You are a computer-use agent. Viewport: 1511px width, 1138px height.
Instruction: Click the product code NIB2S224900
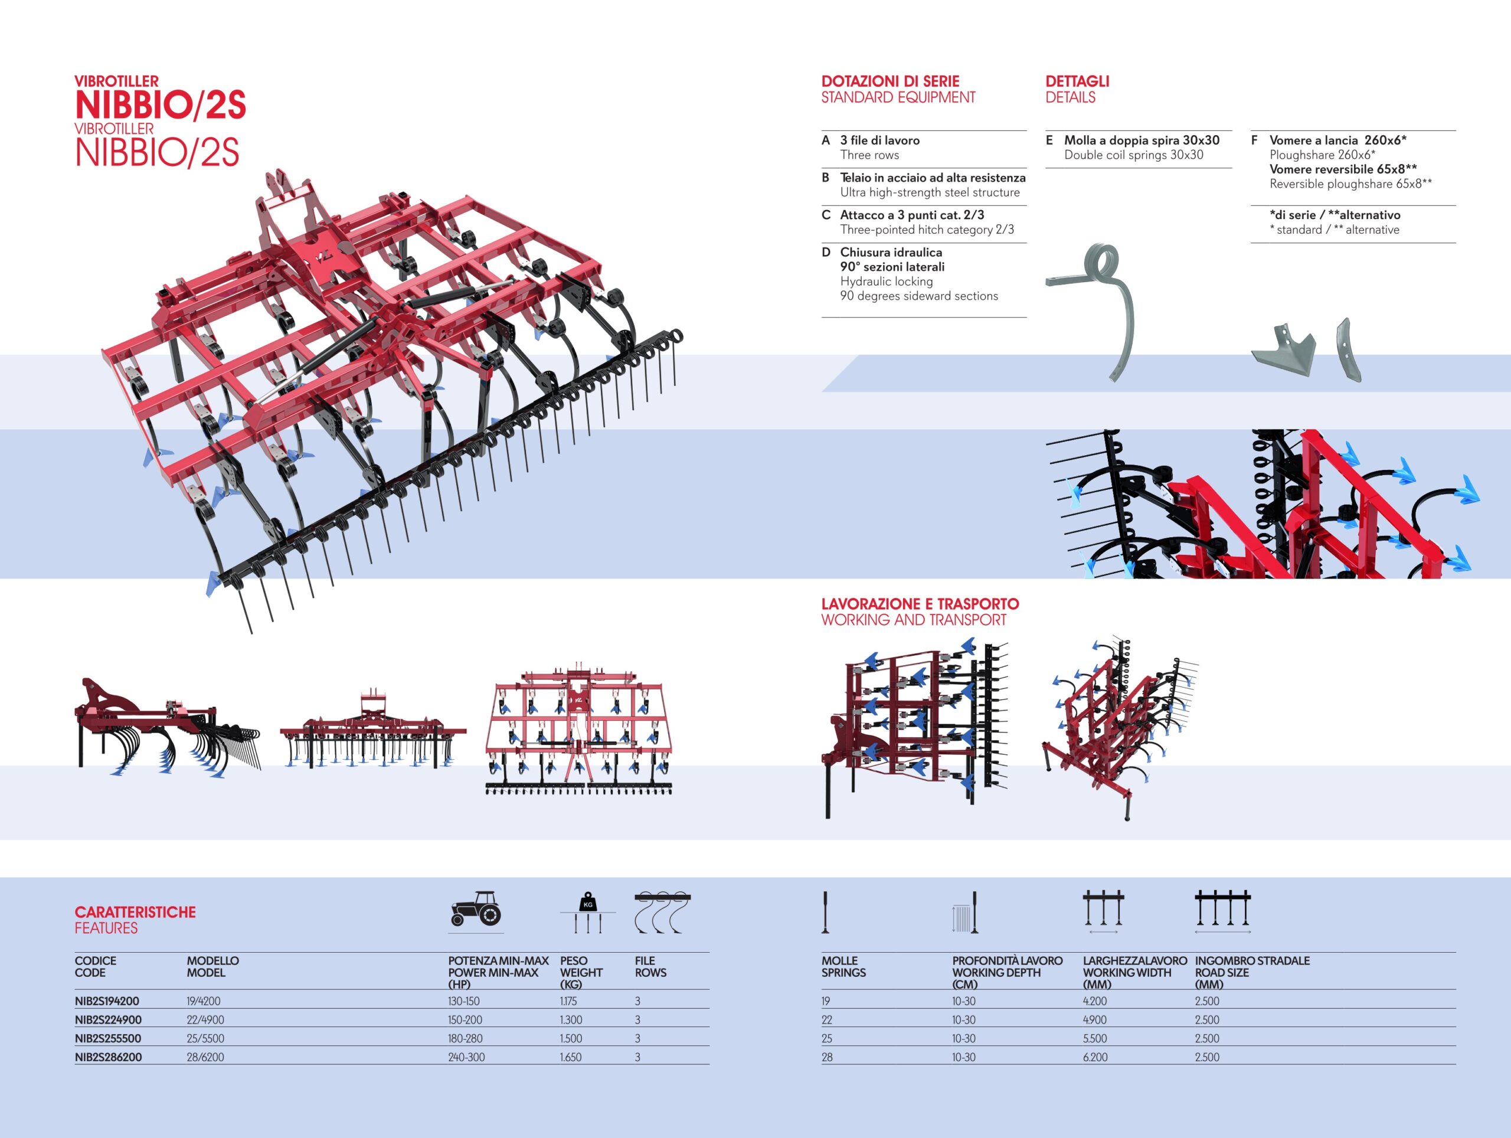point(108,1020)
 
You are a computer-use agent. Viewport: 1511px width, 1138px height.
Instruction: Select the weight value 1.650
point(571,1057)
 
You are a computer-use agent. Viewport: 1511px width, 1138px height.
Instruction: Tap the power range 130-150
point(464,1002)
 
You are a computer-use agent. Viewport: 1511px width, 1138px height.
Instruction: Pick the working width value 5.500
point(1094,1038)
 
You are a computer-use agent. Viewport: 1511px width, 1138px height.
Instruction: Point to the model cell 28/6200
point(205,1057)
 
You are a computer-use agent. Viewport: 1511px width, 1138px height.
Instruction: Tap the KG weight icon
point(588,912)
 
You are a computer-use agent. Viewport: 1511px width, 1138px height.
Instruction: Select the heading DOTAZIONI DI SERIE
point(890,81)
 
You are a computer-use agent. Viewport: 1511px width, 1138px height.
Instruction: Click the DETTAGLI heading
point(1077,81)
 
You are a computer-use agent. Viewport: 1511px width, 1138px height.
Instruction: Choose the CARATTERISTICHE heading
point(135,912)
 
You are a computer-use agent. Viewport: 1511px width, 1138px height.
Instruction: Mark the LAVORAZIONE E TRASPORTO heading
point(920,604)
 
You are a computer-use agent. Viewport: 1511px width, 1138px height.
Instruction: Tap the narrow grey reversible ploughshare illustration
point(1349,350)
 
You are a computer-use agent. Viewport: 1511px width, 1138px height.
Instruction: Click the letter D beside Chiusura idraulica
point(826,252)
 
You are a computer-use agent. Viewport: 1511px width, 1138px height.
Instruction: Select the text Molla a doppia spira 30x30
point(1142,140)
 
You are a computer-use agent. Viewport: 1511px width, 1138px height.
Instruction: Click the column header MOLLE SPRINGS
point(843,967)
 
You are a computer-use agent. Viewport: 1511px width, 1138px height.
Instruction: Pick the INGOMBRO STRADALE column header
point(1252,960)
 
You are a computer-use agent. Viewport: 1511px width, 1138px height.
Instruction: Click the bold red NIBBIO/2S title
point(161,105)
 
